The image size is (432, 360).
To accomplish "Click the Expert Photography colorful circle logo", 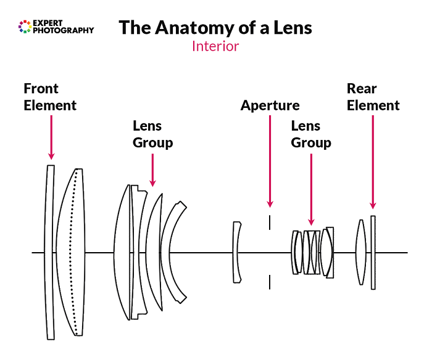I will [25, 26].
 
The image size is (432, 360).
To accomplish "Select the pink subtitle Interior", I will [215, 46].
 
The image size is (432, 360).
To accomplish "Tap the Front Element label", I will [49, 97].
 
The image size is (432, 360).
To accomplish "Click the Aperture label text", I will [270, 105].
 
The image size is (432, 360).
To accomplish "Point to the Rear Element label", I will [373, 97].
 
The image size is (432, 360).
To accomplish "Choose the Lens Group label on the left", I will [152, 134].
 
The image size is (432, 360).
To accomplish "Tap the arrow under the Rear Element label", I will [373, 163].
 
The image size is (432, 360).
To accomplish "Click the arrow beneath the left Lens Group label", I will [152, 169].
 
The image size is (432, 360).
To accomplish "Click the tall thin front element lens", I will [50, 252].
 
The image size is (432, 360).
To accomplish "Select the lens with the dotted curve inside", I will [73, 252].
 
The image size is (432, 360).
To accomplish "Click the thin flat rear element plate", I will [373, 252].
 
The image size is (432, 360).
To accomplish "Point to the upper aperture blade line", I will [270, 222].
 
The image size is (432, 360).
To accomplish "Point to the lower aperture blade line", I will [270, 282].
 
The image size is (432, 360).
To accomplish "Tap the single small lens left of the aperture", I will [236, 252].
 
